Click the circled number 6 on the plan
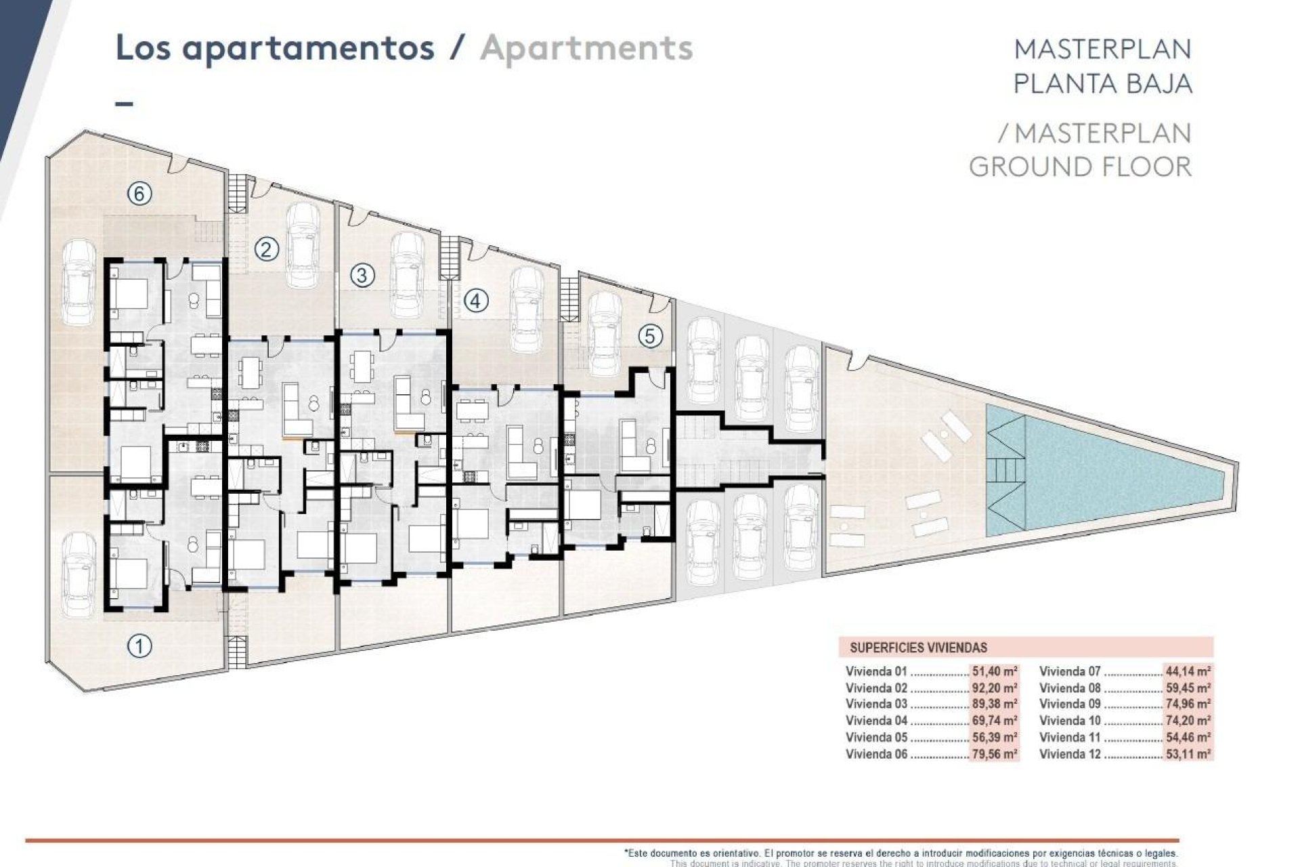139,194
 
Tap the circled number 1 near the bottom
139,646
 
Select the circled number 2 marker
266,250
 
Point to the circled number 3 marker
362,275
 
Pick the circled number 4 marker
475,300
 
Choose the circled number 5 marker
650,336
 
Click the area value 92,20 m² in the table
995,688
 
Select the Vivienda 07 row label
1070,672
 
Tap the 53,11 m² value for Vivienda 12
1188,754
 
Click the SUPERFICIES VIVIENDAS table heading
918,648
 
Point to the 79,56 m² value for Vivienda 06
995,754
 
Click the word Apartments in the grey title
586,48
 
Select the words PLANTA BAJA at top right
1102,83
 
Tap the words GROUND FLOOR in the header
1080,167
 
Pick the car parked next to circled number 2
303,245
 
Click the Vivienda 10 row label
1070,721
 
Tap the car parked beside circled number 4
525,310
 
